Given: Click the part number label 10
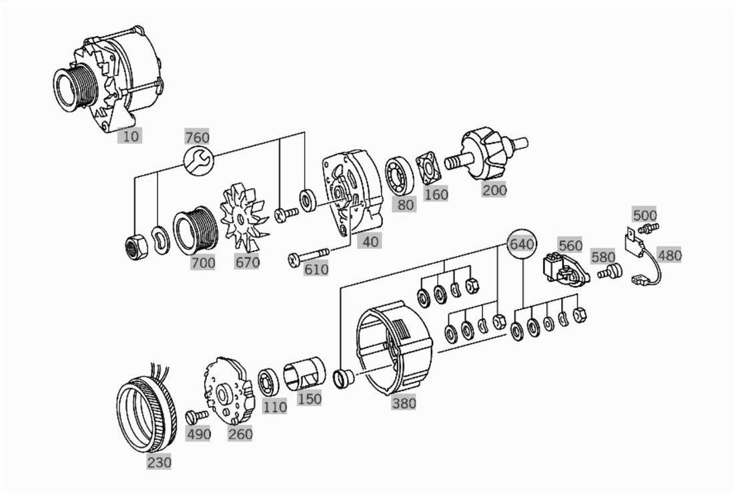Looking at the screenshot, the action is coord(131,136).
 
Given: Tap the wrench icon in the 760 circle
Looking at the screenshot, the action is coord(198,161).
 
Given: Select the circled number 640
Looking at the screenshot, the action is coord(522,244).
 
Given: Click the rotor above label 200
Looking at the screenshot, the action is coord(487,155).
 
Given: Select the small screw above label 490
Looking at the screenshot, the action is coord(197,417).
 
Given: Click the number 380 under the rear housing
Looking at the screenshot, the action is coord(404,403).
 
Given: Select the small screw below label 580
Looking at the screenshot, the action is coord(609,272).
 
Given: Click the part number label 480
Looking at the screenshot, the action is coord(669,256).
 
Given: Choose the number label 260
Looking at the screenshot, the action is coord(240,434).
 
